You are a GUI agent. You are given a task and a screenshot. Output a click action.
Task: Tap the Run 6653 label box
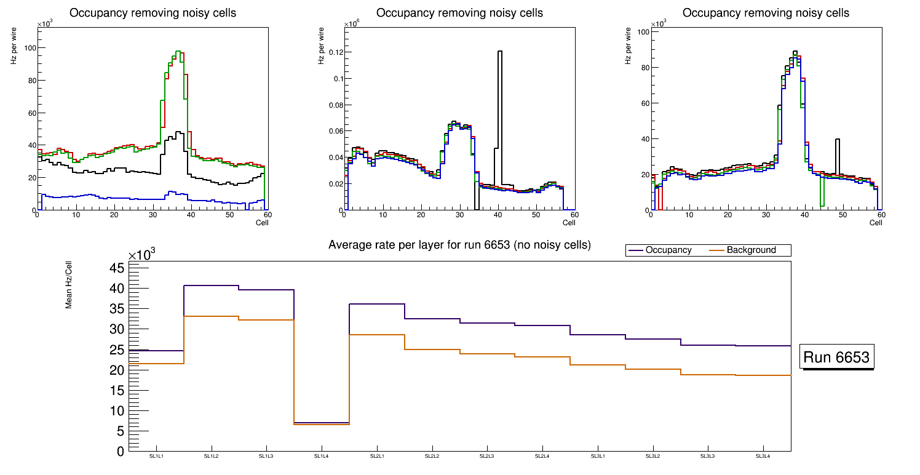[x=836, y=357]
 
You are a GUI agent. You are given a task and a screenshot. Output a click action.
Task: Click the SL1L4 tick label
[x=322, y=456]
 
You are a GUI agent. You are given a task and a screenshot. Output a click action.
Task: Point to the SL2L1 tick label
[x=377, y=456]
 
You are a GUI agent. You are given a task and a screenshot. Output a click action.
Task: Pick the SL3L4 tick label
[x=763, y=456]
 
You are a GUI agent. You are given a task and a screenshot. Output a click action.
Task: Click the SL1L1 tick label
[x=156, y=456]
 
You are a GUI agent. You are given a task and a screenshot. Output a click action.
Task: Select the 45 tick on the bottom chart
[x=117, y=268]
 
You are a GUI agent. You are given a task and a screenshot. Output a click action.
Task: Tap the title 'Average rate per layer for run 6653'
[x=459, y=245]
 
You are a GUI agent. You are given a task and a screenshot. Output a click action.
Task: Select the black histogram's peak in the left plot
[x=178, y=132]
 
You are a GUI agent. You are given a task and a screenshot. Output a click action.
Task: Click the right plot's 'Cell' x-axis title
[x=876, y=222]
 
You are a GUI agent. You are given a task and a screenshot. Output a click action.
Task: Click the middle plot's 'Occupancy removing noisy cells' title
[x=459, y=13]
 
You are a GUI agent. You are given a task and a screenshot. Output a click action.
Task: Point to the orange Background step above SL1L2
[x=211, y=316]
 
